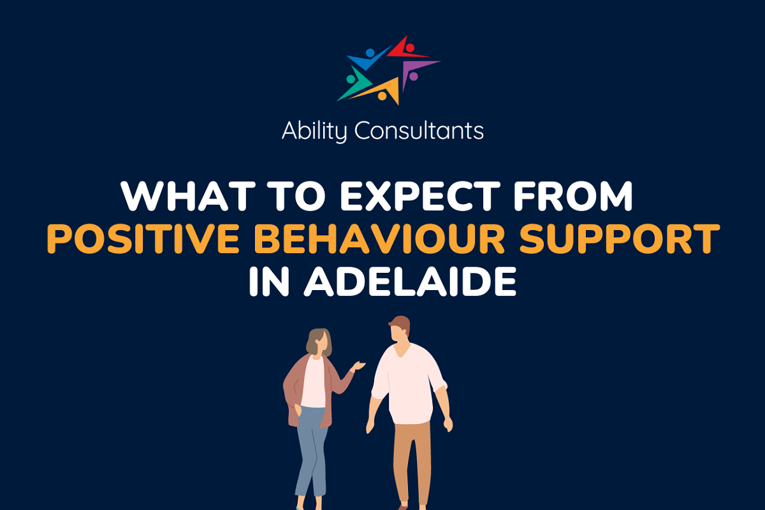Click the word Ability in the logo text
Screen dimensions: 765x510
point(314,131)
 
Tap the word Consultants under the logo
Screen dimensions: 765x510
point(419,130)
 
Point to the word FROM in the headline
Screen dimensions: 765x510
point(573,196)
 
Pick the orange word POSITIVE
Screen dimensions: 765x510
point(143,239)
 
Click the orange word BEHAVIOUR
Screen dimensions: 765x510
point(379,239)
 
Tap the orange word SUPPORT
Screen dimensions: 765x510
point(620,239)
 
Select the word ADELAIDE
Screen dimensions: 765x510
point(410,282)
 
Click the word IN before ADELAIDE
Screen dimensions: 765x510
point(270,282)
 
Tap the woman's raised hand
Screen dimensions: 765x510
point(358,366)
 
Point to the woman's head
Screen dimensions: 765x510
point(319,342)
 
